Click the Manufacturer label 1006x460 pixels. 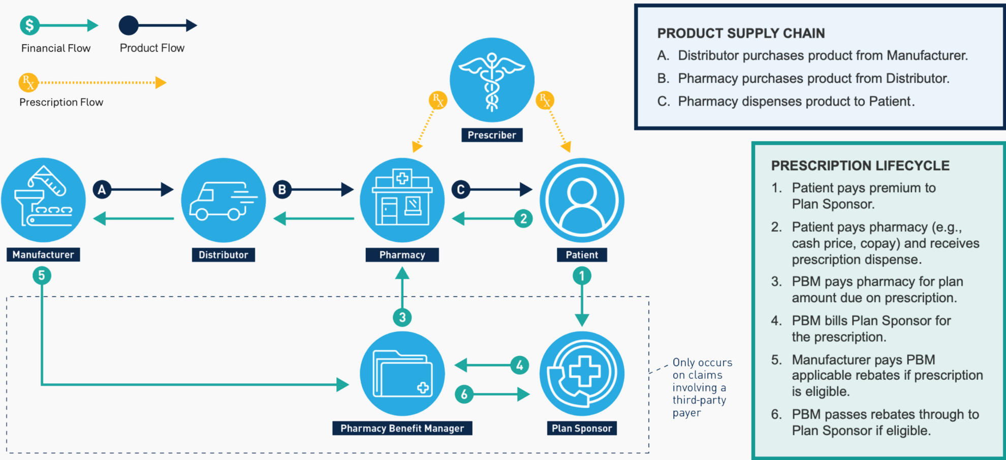pos(43,254)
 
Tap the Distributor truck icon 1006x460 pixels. pos(223,200)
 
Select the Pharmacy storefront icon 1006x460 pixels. pos(402,200)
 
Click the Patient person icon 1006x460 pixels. pos(582,200)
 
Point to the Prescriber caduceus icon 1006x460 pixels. pos(491,80)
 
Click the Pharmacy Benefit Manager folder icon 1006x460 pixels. pos(402,374)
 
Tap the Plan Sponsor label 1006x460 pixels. pos(582,428)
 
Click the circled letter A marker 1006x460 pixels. pos(102,190)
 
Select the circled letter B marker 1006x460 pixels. pos(282,190)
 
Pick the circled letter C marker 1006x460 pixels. pos(461,190)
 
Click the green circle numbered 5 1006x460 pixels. pos(42,276)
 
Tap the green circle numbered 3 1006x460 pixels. pos(402,318)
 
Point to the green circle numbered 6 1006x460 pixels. pos(464,394)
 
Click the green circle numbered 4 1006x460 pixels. pos(519,365)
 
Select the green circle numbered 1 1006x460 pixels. pos(582,276)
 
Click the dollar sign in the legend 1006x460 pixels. pos(29,25)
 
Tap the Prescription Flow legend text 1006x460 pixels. pos(61,102)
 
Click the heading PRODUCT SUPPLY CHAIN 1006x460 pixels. pos(741,34)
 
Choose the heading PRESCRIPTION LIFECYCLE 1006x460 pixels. pos(860,166)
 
